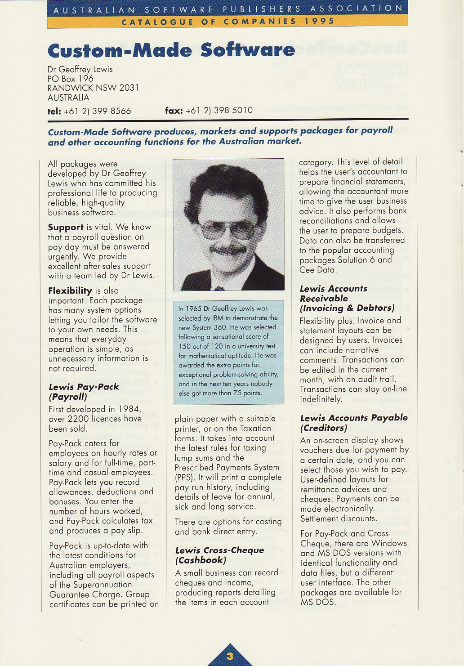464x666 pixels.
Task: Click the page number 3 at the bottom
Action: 230,656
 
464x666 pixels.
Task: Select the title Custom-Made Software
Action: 171,50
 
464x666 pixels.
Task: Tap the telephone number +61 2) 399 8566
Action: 97,111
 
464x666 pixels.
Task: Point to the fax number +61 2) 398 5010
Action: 219,110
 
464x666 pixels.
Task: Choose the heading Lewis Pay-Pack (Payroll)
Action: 84,392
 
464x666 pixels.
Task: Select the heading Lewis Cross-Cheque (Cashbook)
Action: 219,555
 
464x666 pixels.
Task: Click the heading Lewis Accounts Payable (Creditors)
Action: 353,423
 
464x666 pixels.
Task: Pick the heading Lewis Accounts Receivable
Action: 334,293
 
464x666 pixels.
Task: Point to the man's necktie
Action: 219,287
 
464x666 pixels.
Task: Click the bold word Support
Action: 66,227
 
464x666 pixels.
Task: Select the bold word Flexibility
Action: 70,291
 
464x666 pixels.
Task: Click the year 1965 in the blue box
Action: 193,308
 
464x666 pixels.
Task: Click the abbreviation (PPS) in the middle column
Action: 184,478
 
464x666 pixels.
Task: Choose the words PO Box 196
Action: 70,79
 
